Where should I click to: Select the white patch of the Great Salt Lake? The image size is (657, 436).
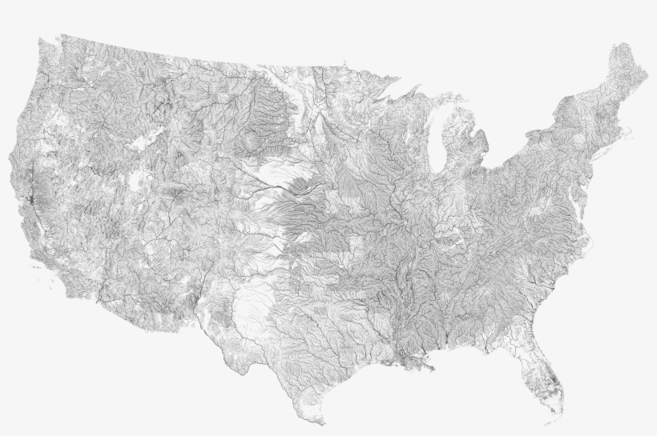(x=145, y=142)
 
